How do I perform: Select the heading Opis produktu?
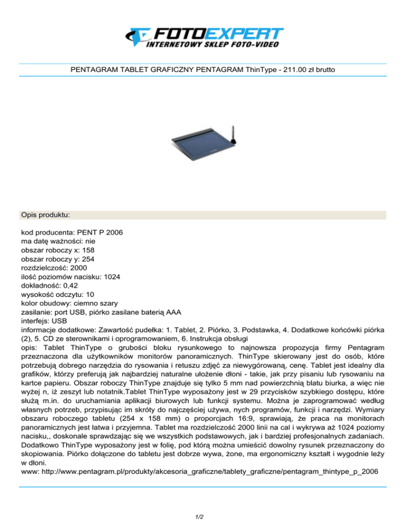46,215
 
